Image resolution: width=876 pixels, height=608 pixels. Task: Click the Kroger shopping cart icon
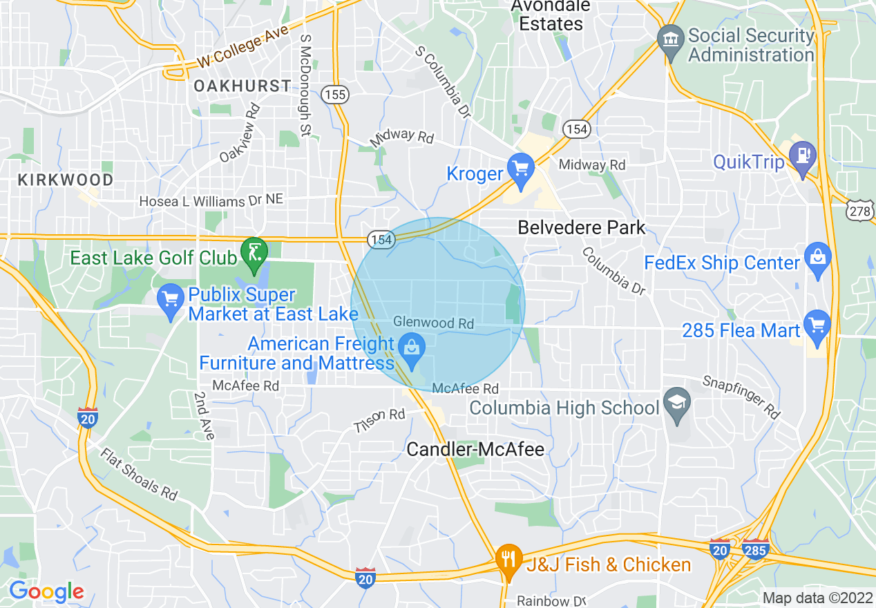click(520, 169)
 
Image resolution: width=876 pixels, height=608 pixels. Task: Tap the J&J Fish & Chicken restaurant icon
click(509, 559)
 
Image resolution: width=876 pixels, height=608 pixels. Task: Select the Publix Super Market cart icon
click(171, 300)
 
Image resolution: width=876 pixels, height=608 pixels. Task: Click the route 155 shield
click(334, 96)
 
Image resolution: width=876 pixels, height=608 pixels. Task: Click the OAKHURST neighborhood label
click(242, 86)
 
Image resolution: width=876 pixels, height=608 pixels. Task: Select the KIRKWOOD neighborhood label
click(66, 180)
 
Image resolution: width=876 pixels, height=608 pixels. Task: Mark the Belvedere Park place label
click(582, 227)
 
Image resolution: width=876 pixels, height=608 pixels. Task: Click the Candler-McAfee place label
click(475, 450)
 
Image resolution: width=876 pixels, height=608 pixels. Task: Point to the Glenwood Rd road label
click(434, 323)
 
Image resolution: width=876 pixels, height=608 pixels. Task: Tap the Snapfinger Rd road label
click(741, 397)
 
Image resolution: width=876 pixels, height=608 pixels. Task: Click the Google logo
click(46, 591)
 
